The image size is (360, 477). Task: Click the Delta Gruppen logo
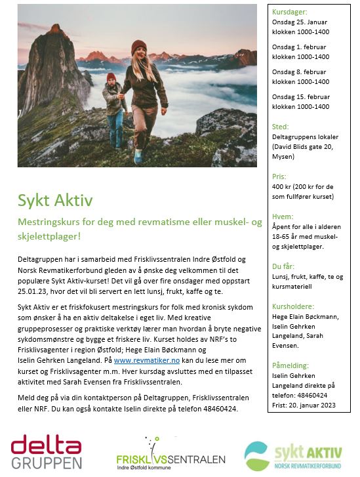(47, 453)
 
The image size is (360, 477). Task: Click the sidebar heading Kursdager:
(289, 12)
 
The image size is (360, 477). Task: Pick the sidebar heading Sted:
(280, 127)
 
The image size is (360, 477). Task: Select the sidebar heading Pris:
(279, 177)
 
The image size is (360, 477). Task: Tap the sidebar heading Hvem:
(283, 217)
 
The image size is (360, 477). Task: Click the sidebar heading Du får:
(284, 267)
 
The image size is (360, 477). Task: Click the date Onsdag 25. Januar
(300, 22)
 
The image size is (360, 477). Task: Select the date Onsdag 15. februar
(300, 96)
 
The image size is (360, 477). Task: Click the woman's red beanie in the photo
(138, 47)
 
